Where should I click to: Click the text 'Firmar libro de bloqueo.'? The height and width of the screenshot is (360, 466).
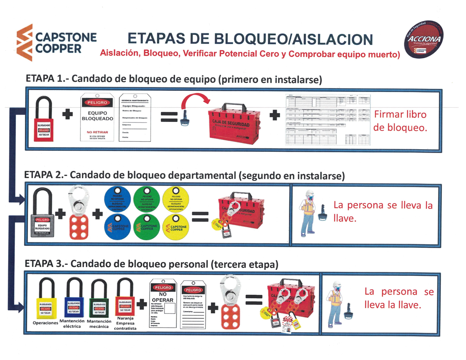(400, 121)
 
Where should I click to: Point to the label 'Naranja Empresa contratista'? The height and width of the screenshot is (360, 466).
(125, 323)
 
